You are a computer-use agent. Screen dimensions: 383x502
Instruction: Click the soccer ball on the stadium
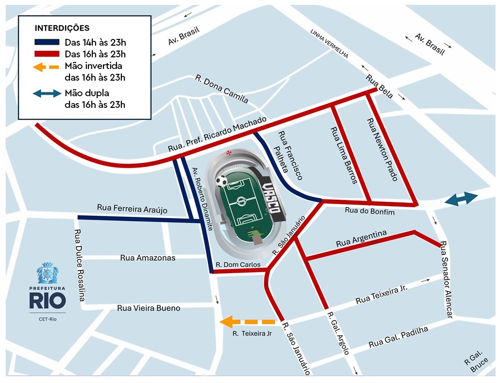(x=221, y=181)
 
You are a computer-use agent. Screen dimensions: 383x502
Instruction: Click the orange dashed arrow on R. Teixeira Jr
(x=248, y=322)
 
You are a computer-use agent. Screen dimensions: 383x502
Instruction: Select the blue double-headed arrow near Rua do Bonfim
(x=461, y=199)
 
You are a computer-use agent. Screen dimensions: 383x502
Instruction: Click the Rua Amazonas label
(x=148, y=258)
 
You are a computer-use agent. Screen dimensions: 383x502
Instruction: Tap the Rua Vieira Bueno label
(x=149, y=308)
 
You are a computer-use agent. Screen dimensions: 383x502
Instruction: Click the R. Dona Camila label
(x=221, y=89)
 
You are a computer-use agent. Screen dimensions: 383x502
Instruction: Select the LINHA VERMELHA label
(x=330, y=44)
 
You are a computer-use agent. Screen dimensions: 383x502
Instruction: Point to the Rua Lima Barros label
(x=344, y=156)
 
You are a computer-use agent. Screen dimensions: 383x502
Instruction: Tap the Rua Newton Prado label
(x=381, y=150)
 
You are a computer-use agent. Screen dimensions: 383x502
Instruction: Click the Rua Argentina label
(x=361, y=238)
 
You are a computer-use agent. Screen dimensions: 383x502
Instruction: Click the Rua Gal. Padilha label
(x=398, y=337)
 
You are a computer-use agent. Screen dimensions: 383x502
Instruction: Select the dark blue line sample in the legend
(x=46, y=42)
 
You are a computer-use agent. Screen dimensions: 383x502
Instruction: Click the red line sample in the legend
(x=46, y=54)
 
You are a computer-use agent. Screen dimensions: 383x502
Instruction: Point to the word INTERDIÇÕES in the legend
(x=62, y=28)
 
